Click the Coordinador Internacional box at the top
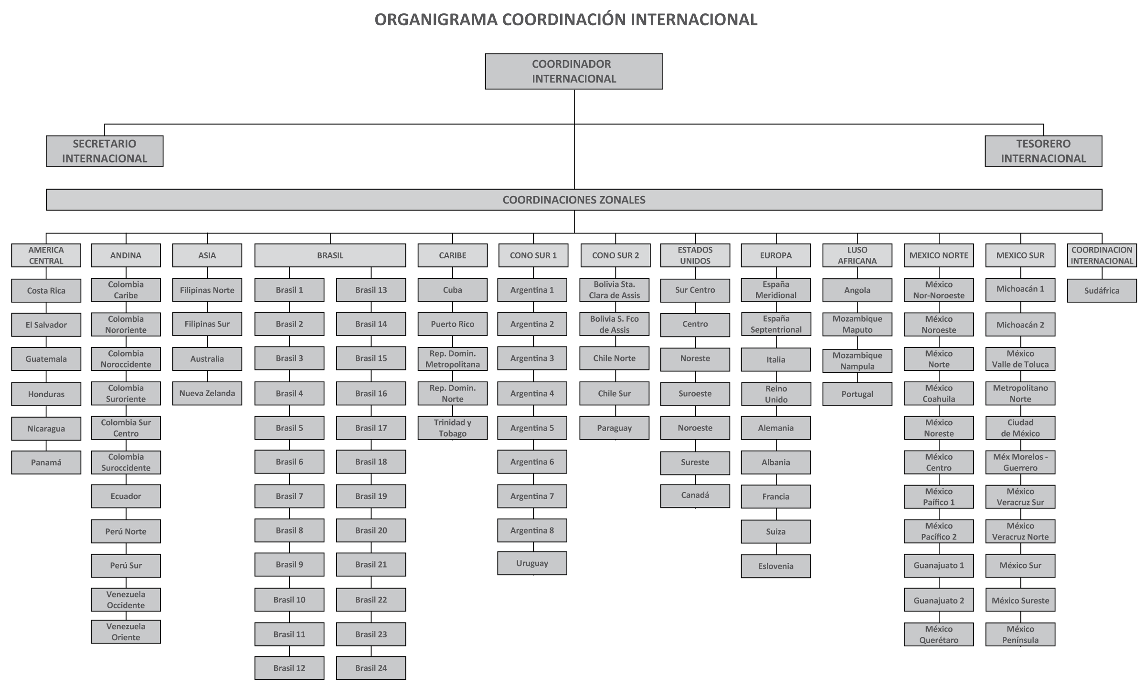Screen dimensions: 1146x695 (x=574, y=71)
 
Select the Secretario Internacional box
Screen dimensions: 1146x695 (x=105, y=151)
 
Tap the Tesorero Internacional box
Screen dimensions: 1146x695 (x=1043, y=151)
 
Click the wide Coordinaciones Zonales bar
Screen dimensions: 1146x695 (x=574, y=200)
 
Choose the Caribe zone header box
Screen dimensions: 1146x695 (x=453, y=255)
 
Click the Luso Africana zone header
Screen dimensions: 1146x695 (x=857, y=255)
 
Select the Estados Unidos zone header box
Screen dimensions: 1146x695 (x=695, y=255)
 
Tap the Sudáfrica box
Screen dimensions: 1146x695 (x=1102, y=290)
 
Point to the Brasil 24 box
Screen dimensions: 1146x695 (x=371, y=668)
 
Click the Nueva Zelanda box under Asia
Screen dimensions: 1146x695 (x=207, y=393)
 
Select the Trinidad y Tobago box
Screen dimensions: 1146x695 (x=453, y=428)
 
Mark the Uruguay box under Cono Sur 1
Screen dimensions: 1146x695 (x=532, y=563)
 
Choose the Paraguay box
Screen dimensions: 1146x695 (x=615, y=428)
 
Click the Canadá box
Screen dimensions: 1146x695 (x=695, y=495)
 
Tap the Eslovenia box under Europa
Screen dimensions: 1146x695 (x=776, y=566)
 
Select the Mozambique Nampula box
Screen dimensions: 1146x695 (x=857, y=361)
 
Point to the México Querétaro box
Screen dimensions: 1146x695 (x=939, y=634)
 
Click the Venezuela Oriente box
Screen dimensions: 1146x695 (x=126, y=632)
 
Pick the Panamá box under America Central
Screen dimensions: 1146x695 (x=46, y=462)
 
